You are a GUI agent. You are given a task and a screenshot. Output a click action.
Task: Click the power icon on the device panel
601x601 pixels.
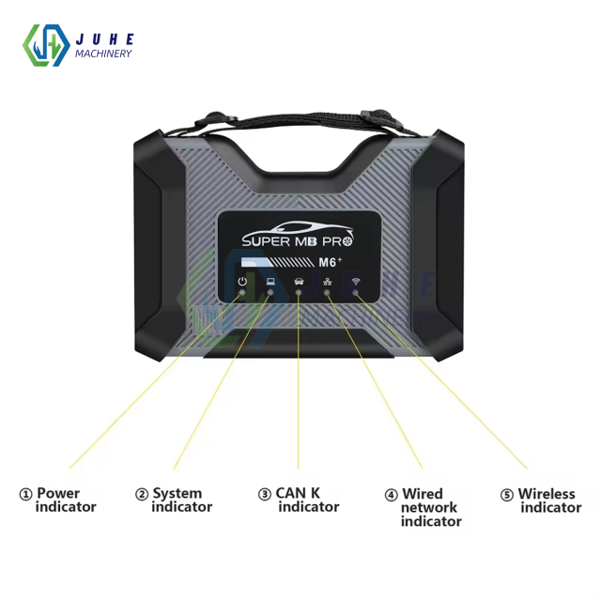(242, 281)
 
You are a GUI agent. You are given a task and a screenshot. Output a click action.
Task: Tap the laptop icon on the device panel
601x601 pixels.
(270, 281)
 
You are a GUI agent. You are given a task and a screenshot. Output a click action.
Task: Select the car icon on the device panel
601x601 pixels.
(299, 281)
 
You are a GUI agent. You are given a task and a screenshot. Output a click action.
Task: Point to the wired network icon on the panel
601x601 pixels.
(327, 281)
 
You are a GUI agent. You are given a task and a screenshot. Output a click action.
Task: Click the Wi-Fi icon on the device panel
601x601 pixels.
(356, 281)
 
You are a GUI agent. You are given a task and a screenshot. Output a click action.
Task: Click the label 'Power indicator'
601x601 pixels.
(65, 500)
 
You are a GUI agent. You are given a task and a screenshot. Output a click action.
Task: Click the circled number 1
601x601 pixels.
(25, 494)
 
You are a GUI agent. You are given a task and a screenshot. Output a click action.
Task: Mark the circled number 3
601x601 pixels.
(265, 494)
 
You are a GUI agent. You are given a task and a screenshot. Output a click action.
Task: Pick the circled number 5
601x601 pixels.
(507, 494)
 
